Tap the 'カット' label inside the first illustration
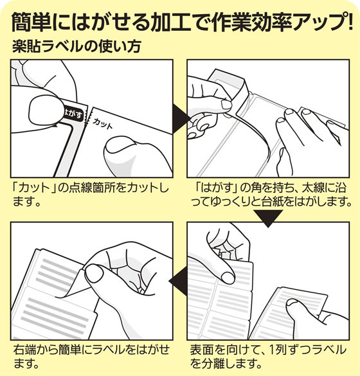pos(102,121)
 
